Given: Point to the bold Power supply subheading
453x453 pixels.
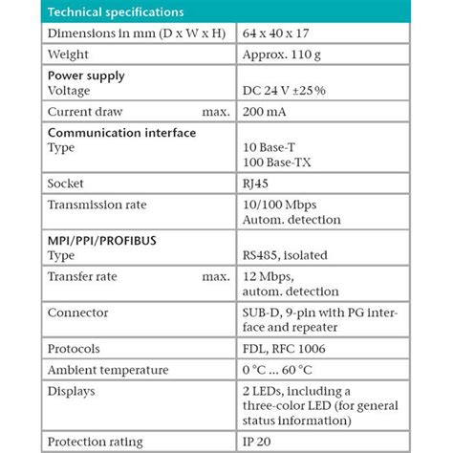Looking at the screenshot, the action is coord(86,75).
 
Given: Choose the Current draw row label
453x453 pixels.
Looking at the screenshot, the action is coord(87,112).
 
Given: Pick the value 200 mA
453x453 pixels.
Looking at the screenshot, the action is coord(269,112).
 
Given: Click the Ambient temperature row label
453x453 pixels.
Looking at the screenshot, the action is coord(107,369).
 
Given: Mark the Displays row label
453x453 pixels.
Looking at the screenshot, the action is coord(73,390).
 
